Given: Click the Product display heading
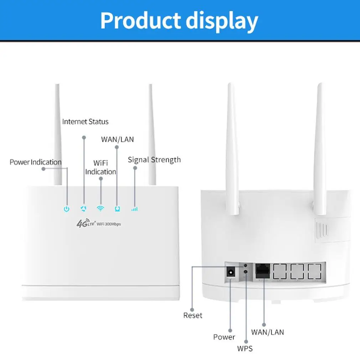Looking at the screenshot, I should click(x=179, y=21).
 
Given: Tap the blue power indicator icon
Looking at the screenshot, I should click(x=66, y=209).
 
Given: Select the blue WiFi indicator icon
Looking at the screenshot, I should click(x=101, y=209).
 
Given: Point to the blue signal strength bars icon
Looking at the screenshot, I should click(x=134, y=209).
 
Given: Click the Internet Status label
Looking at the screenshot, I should click(x=85, y=122).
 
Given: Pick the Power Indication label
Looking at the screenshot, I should click(x=35, y=162).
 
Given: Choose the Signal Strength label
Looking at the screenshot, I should click(x=154, y=160).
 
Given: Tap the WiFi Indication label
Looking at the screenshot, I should click(x=101, y=167).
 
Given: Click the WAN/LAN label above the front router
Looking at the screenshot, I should click(x=117, y=139).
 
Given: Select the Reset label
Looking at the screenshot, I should click(x=192, y=315).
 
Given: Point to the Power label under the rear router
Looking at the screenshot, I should click(x=224, y=337).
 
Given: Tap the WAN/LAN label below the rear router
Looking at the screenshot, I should click(x=267, y=332).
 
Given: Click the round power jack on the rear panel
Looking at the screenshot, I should click(x=231, y=273).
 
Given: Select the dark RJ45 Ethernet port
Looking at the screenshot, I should click(x=262, y=272).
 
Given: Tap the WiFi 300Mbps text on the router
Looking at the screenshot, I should click(x=108, y=223).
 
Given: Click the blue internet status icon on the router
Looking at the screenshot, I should click(x=84, y=209).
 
